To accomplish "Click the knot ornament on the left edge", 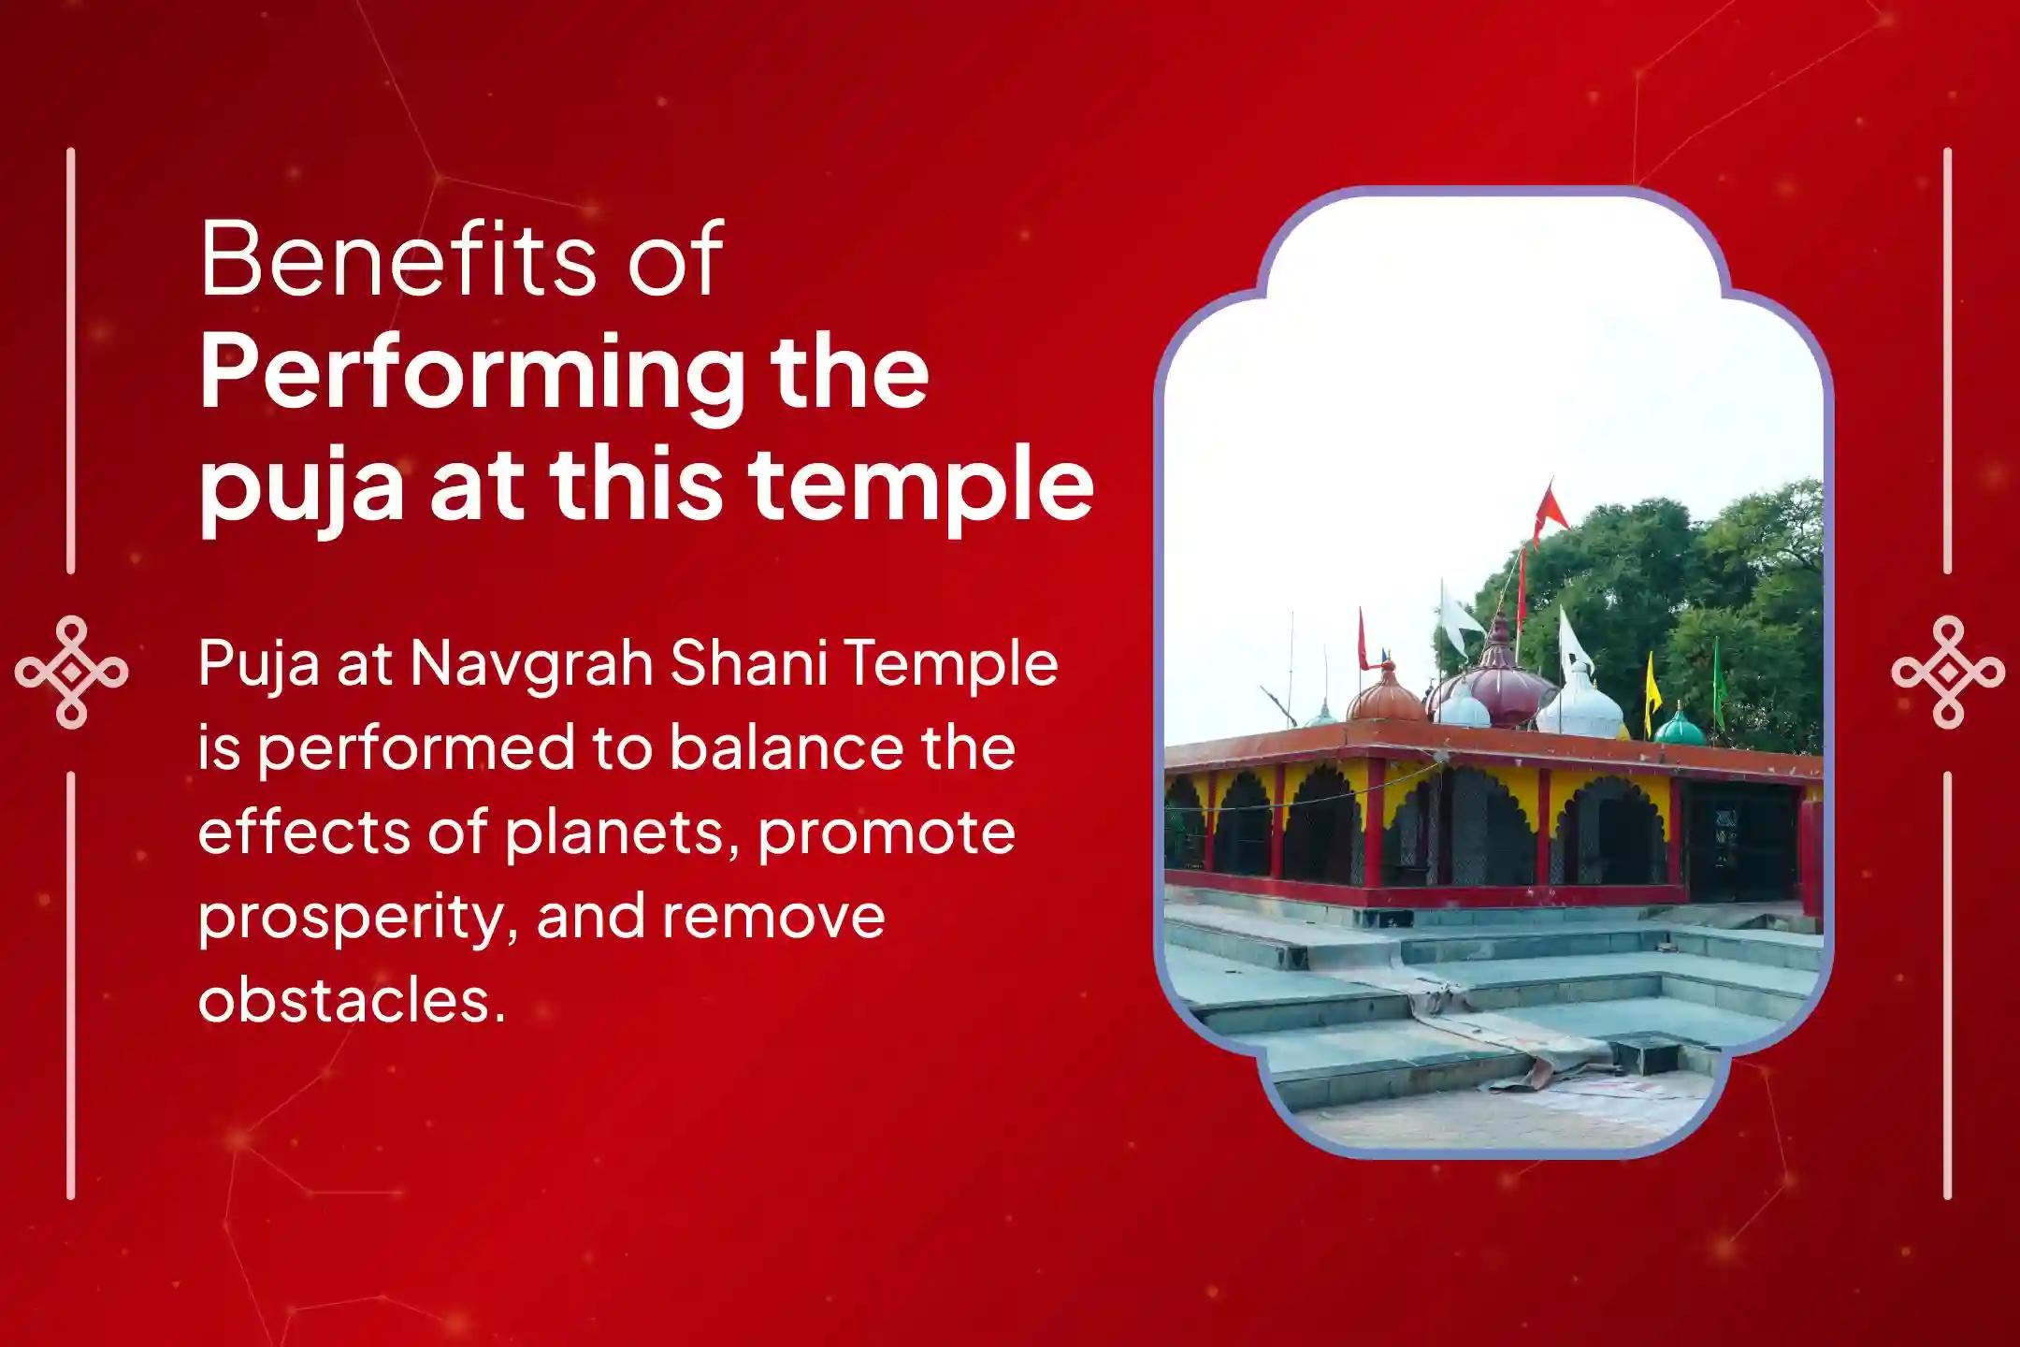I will (x=71, y=672).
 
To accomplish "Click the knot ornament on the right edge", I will (x=1948, y=672).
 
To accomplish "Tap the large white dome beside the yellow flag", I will (x=1581, y=706).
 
